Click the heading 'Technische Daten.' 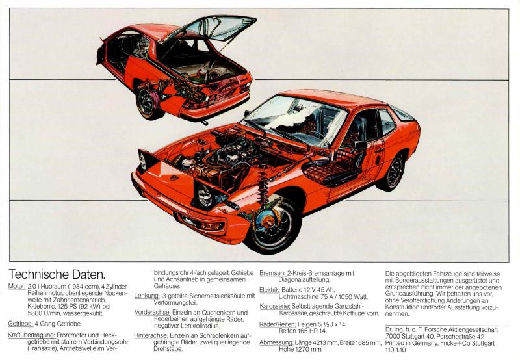pos(57,274)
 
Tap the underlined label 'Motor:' pos(17,286)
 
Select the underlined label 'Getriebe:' pos(21,324)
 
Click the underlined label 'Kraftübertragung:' pos(31,335)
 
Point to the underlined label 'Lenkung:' pos(147,296)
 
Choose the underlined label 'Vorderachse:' pos(153,313)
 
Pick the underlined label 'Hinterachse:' pos(151,335)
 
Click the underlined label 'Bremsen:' pos(272,274)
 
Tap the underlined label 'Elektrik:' pos(270,290)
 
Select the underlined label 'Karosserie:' pos(275,307)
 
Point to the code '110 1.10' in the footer pos(396,350)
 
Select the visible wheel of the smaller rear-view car pos(148,103)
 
